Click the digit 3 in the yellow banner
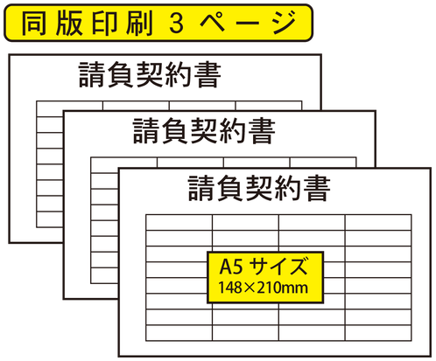pyautogui.click(x=176, y=23)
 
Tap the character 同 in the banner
pyautogui.click(x=34, y=23)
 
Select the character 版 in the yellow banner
pyautogui.click(x=69, y=23)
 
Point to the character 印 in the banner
pyautogui.click(x=104, y=23)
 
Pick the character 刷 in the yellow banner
pyautogui.click(x=139, y=23)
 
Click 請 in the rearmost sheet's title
pyautogui.click(x=93, y=74)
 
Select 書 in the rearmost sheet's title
pyautogui.click(x=207, y=74)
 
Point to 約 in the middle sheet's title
pyautogui.click(x=233, y=131)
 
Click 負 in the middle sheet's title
pyautogui.click(x=176, y=131)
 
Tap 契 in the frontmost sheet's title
pyautogui.click(x=260, y=188)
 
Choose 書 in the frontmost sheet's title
pyautogui.click(x=317, y=188)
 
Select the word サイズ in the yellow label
pyautogui.click(x=279, y=266)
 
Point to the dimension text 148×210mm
pyautogui.click(x=264, y=288)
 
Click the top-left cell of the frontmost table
pyautogui.click(x=179, y=223)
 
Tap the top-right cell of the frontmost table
pyautogui.click(x=378, y=223)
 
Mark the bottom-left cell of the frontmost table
pyautogui.click(x=179, y=333)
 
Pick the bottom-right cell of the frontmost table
pyautogui.click(x=378, y=333)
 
